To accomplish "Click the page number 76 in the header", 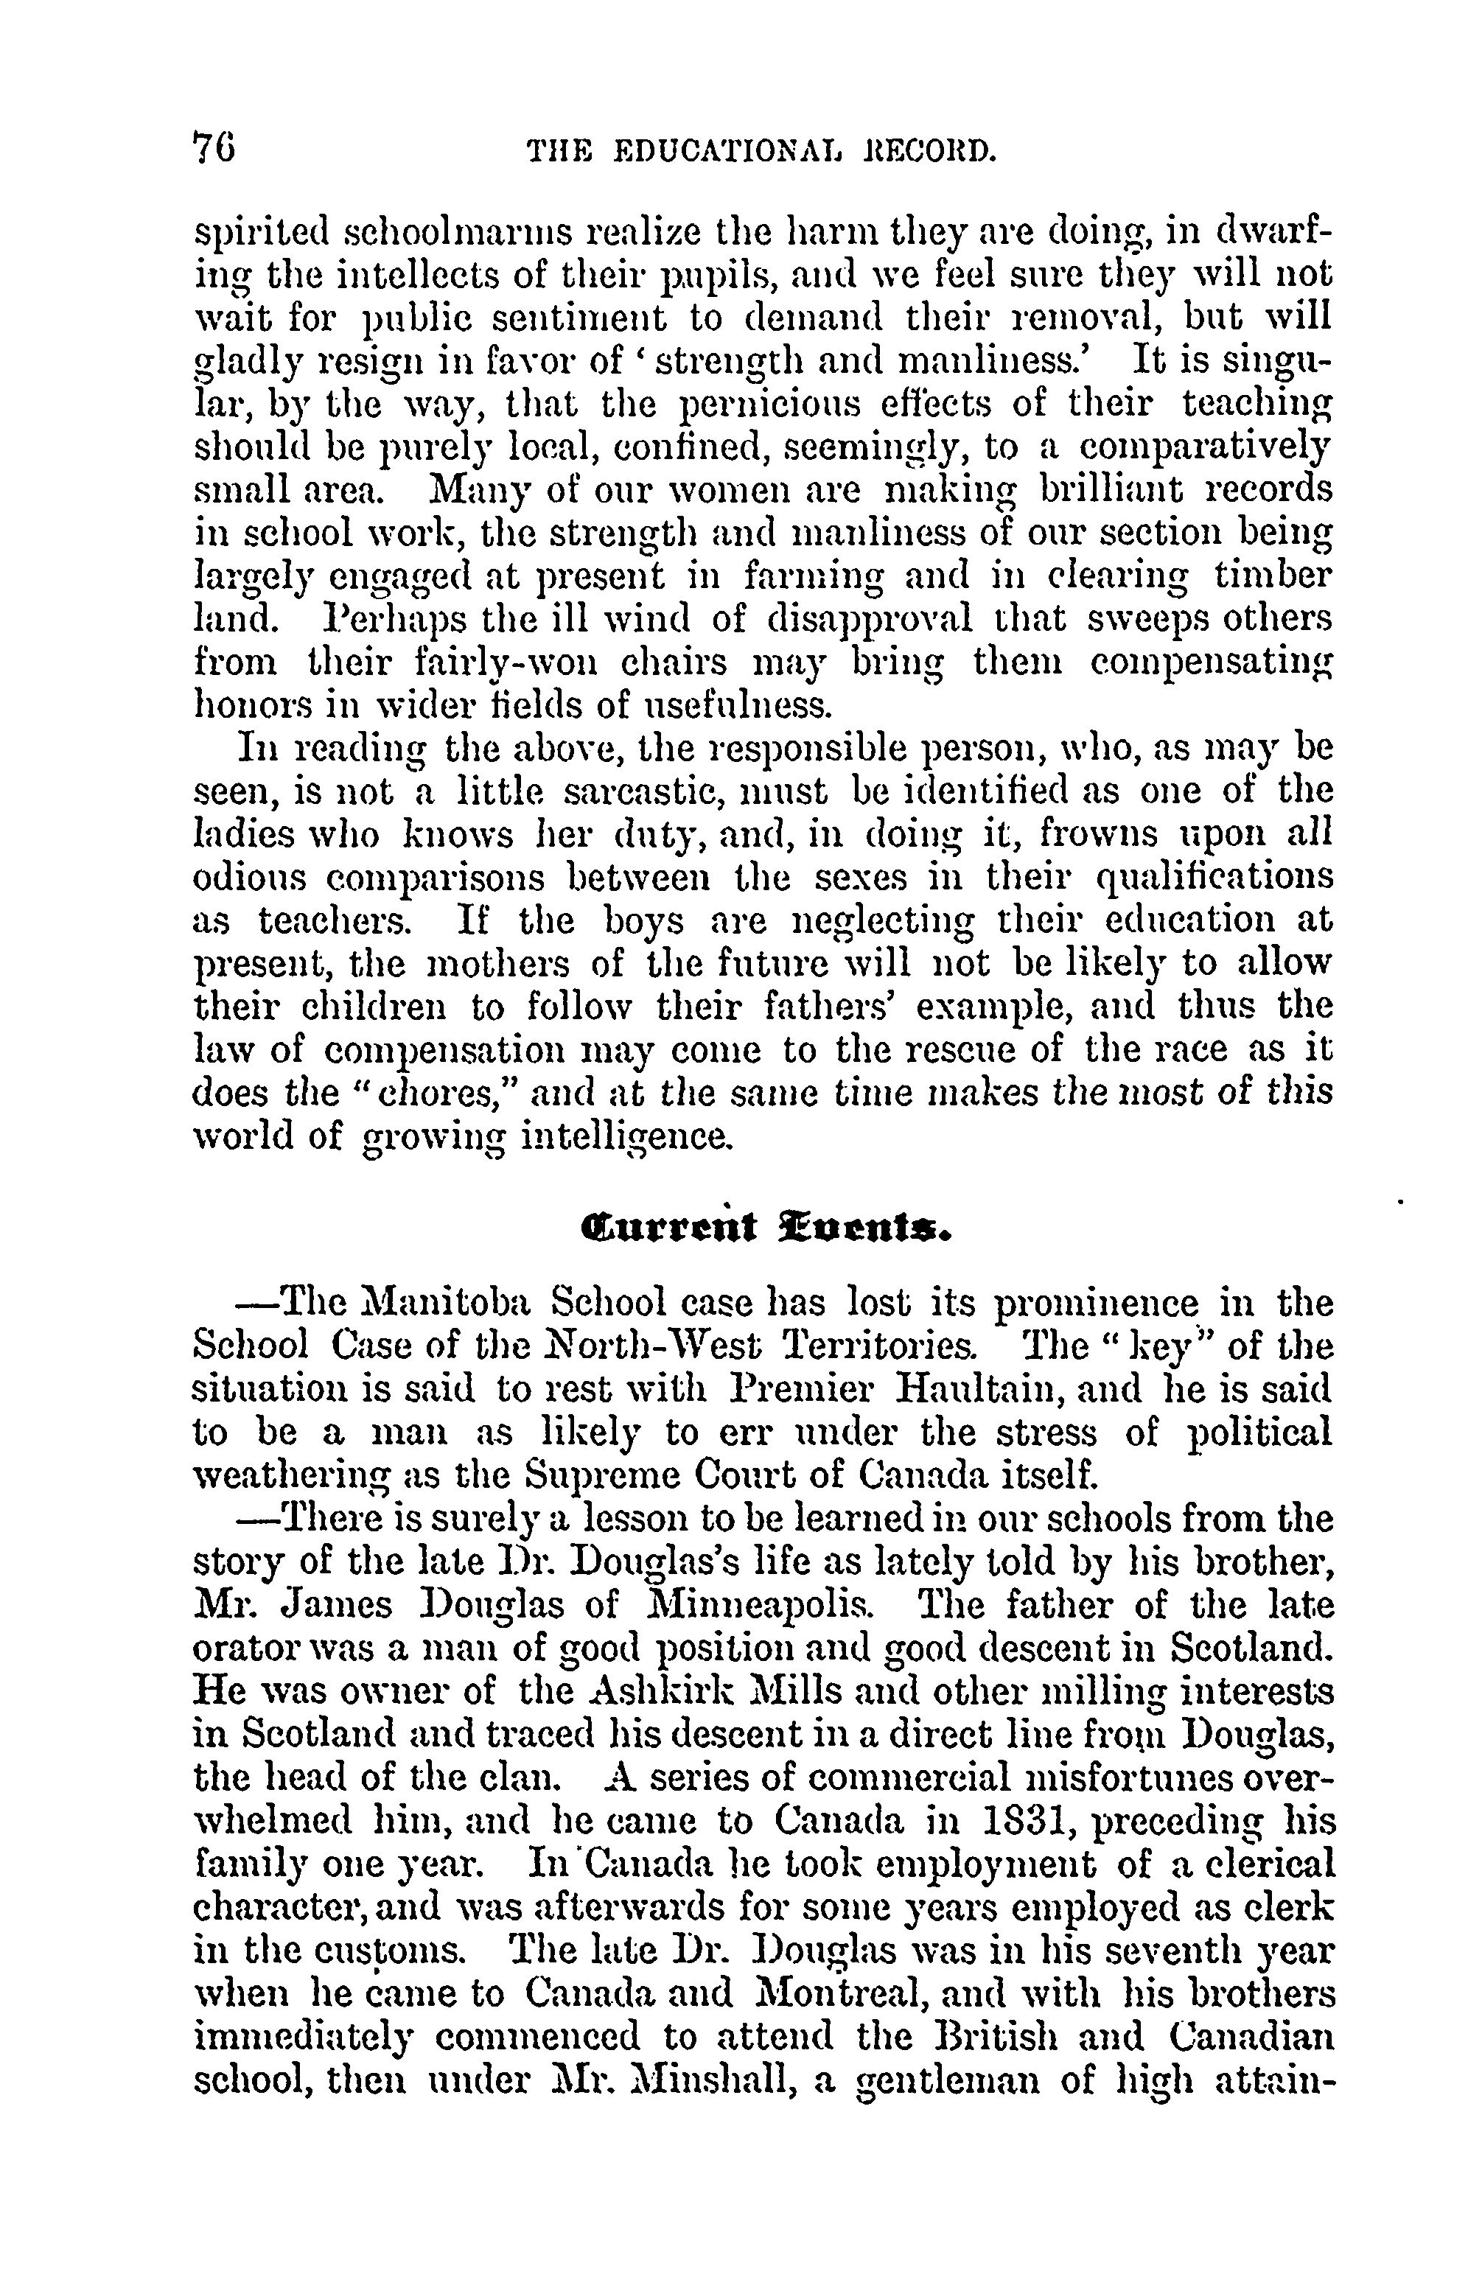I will [x=215, y=149].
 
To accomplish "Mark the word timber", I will [x=1271, y=575].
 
